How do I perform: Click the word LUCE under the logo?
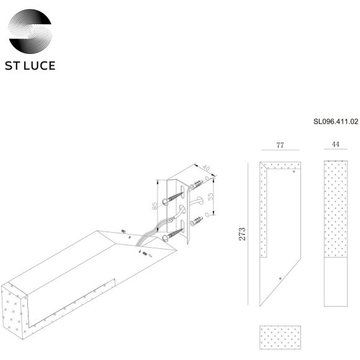click(40, 65)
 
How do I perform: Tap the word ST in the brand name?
click(14, 65)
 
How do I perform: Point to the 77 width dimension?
click(280, 145)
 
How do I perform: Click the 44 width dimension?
click(335, 145)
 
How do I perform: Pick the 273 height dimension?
click(243, 233)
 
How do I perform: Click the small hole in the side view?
click(281, 277)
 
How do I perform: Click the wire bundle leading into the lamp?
click(152, 230)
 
